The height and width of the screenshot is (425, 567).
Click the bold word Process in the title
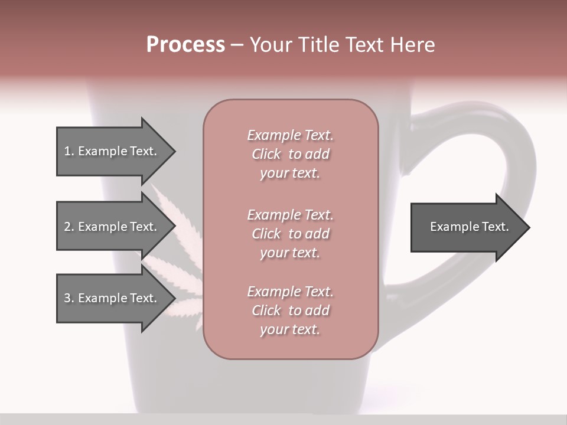(x=185, y=44)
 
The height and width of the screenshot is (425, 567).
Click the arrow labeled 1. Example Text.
(x=110, y=151)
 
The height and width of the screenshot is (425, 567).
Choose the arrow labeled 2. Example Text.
(x=110, y=227)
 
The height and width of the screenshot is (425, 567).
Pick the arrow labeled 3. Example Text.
(x=110, y=298)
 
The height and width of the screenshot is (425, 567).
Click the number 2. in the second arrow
(x=69, y=227)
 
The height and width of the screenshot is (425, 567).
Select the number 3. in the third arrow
(x=69, y=298)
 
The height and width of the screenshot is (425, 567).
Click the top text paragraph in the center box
(x=290, y=154)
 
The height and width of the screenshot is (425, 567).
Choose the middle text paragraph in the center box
(x=290, y=234)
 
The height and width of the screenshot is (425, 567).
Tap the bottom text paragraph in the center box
(x=290, y=310)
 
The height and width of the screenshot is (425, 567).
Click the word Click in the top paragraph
(x=266, y=154)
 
